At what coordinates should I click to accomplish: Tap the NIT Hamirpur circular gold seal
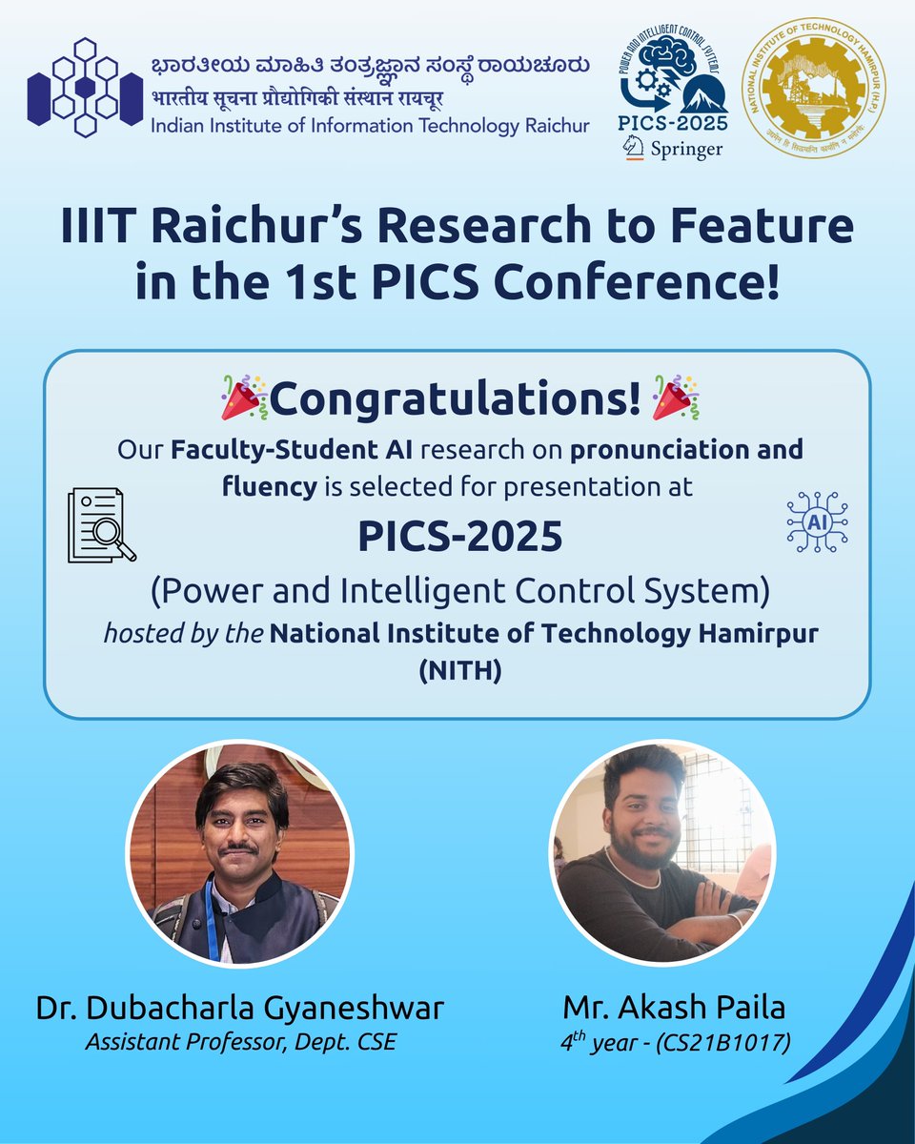[813, 91]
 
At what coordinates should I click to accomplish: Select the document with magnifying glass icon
[101, 523]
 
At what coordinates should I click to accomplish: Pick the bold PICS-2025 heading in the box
[459, 537]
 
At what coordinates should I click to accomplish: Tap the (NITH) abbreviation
[458, 671]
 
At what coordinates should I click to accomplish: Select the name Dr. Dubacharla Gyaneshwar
[240, 1008]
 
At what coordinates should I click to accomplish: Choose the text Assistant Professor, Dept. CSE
[240, 1041]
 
